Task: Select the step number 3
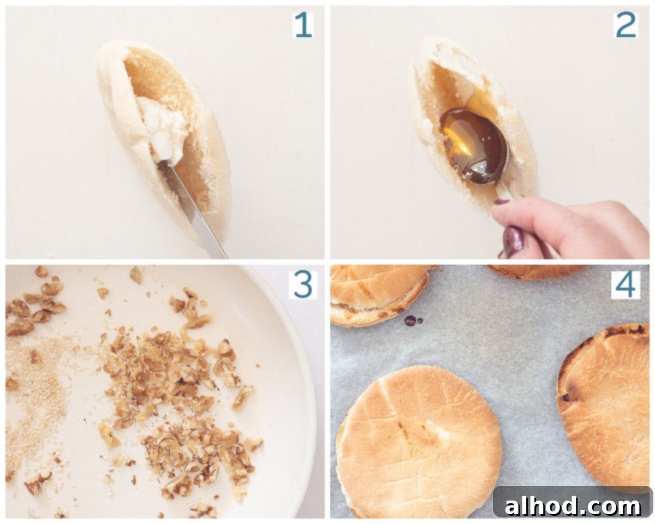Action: click(303, 285)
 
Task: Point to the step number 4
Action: click(626, 285)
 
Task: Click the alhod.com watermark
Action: click(572, 506)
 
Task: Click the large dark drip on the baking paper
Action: click(410, 320)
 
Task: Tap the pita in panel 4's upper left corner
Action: click(379, 294)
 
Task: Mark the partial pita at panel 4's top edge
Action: click(537, 272)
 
